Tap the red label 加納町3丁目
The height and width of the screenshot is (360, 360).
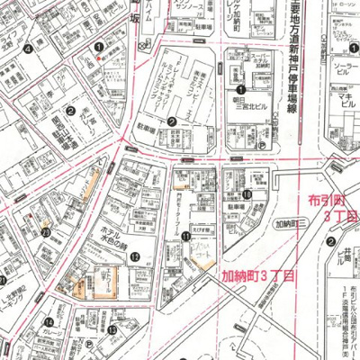259,278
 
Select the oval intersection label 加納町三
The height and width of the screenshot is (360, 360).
291,221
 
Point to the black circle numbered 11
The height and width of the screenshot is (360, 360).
185,236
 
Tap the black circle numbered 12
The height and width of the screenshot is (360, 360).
135,256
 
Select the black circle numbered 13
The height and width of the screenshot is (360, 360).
112,330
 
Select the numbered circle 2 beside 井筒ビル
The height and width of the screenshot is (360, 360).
331,241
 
